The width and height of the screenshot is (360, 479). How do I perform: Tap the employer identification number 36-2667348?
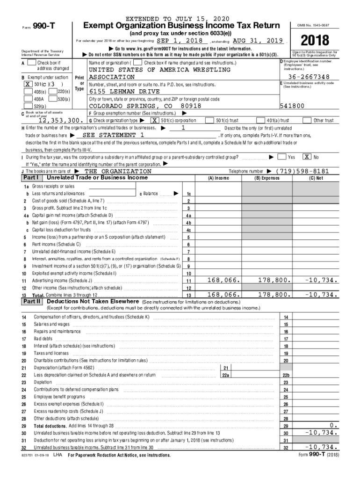309,77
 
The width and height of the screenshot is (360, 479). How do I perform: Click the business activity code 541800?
294,106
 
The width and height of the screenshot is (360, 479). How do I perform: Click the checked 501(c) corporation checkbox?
153,120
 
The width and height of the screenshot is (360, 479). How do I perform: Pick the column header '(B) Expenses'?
267,178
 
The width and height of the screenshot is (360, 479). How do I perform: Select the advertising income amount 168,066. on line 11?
224,280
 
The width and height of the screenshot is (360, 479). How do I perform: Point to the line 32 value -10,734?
320,447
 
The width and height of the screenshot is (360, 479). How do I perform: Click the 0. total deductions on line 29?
333,426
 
